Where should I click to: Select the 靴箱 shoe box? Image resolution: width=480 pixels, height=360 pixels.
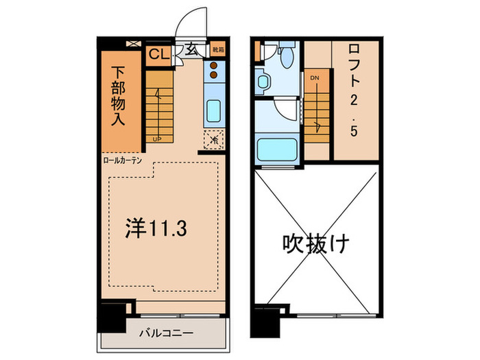point(215,50)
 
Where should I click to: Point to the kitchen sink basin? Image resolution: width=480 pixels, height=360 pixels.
point(213,110)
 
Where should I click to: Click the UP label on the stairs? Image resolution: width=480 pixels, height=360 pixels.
point(156,138)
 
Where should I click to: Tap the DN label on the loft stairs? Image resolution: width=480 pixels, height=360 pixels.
point(314,77)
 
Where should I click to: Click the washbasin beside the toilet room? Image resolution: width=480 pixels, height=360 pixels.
point(263,82)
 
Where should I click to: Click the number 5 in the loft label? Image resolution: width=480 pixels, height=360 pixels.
point(353,130)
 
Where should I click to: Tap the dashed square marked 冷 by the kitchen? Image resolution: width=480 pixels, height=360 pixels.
point(213,139)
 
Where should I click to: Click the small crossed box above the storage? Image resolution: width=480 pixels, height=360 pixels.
point(132,43)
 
